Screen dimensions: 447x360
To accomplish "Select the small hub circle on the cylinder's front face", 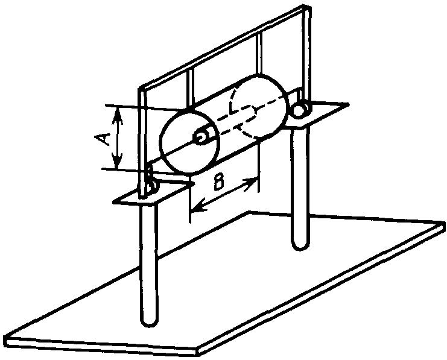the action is coord(200,137).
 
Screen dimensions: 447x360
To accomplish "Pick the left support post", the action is coord(148,265).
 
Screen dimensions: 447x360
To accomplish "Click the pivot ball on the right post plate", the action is coord(300,110).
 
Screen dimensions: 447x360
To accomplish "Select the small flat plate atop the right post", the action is coord(320,115).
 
